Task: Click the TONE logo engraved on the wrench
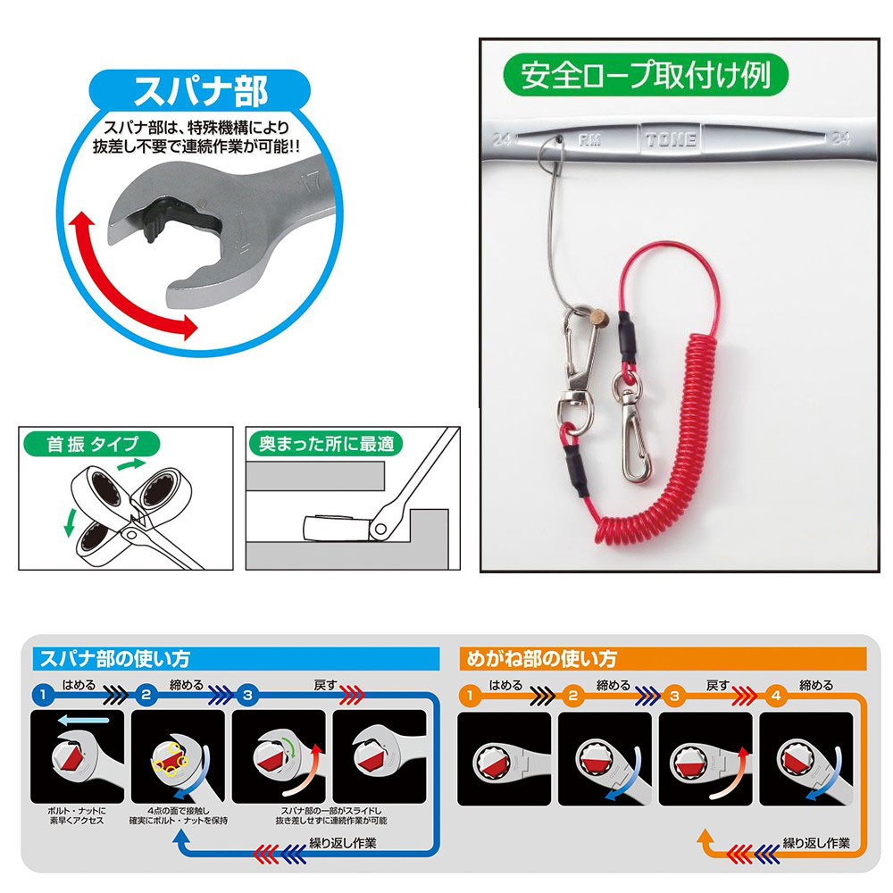[672, 138]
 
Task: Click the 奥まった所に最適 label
[326, 443]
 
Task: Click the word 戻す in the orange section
[716, 686]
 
